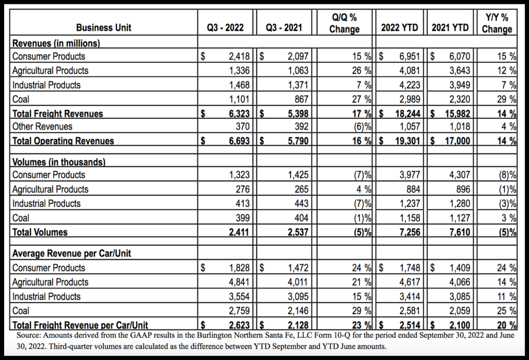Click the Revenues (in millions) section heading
pyautogui.click(x=56, y=43)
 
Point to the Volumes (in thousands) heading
pyautogui.click(x=58, y=162)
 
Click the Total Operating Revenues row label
pyautogui.click(x=63, y=140)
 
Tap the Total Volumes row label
pyautogui.click(x=39, y=232)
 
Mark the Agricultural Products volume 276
pyautogui.click(x=243, y=190)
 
